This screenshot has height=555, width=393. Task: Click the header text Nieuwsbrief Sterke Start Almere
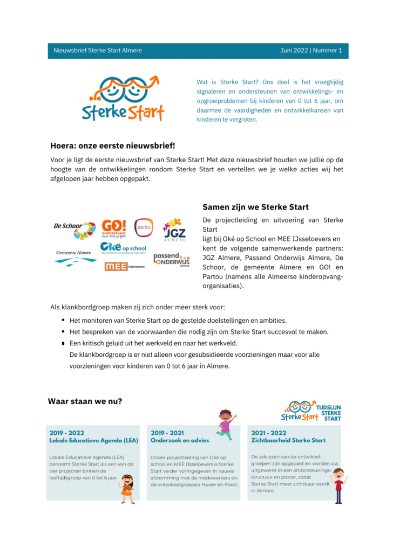pos(98,51)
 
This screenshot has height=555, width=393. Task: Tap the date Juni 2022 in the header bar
pos(294,51)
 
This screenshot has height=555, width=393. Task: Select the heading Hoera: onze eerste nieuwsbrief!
pos(113,146)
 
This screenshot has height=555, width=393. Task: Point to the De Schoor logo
pos(74,229)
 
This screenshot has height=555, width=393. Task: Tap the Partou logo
pos(144,227)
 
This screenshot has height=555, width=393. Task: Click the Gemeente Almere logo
pos(73,257)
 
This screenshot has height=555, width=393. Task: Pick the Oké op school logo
pos(123,247)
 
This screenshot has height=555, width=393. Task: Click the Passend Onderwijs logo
pos(171,259)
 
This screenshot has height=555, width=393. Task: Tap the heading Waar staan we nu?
pos(85,401)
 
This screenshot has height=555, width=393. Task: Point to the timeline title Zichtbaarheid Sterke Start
pos(288,440)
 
